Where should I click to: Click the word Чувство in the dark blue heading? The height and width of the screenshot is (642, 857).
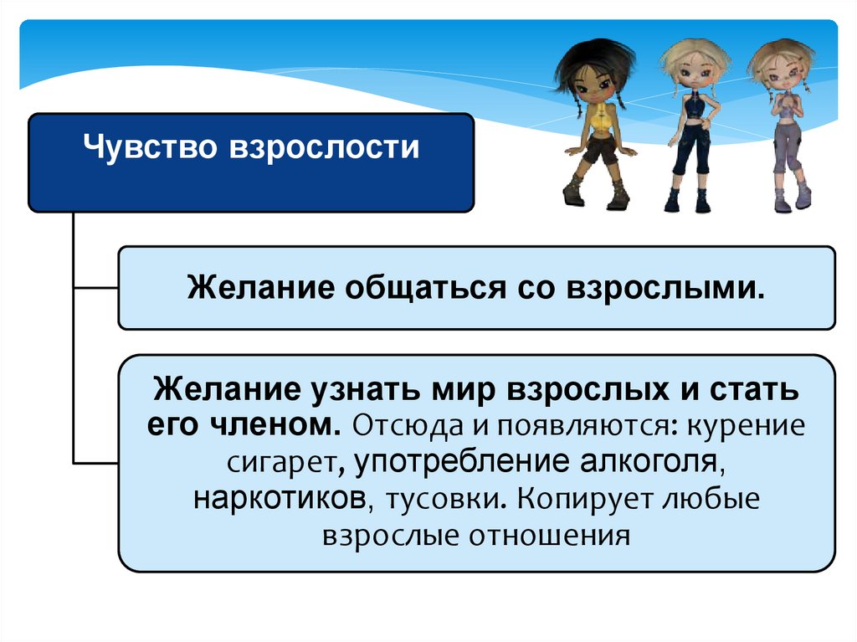click(x=150, y=147)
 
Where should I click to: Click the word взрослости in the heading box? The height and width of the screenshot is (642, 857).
click(x=325, y=148)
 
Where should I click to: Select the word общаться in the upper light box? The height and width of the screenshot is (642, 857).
click(x=425, y=288)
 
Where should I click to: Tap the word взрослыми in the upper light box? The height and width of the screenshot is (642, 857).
click(x=665, y=288)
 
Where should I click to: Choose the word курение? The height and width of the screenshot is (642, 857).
click(x=746, y=426)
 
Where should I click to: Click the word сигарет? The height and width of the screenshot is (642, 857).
click(x=281, y=463)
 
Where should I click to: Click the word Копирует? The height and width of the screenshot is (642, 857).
click(x=585, y=499)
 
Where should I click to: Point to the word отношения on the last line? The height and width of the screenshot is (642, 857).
click(x=549, y=536)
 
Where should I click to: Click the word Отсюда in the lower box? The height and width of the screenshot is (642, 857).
click(x=408, y=426)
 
